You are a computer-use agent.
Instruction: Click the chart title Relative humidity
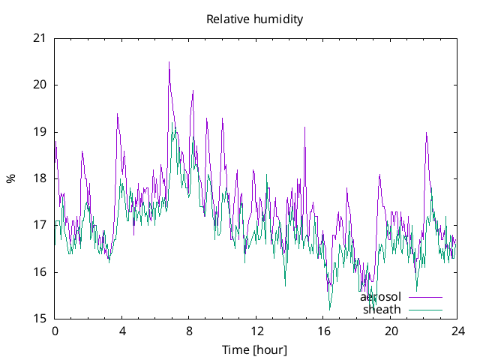(x=255, y=19)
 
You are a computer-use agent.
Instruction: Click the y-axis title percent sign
(x=10, y=178)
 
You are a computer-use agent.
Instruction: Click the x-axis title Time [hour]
(x=255, y=350)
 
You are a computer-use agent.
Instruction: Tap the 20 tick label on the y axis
(x=40, y=85)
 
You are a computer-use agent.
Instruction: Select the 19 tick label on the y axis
(x=40, y=132)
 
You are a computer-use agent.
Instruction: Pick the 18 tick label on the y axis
(x=40, y=178)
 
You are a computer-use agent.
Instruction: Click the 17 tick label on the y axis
(x=40, y=225)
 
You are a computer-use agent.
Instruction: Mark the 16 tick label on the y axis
(x=40, y=272)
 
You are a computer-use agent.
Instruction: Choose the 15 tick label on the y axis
(x=40, y=319)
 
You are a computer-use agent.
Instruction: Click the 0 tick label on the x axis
(x=55, y=331)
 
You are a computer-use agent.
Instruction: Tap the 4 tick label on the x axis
(x=121, y=331)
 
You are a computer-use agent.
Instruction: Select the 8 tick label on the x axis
(x=189, y=331)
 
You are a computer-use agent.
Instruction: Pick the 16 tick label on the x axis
(x=323, y=331)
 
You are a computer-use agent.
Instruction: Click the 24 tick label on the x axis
(x=457, y=331)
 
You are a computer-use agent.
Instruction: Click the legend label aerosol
(x=381, y=297)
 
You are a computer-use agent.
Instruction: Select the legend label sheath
(x=382, y=309)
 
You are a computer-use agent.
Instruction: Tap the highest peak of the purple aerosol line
(x=169, y=62)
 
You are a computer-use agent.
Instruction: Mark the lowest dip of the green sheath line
(x=329, y=309)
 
